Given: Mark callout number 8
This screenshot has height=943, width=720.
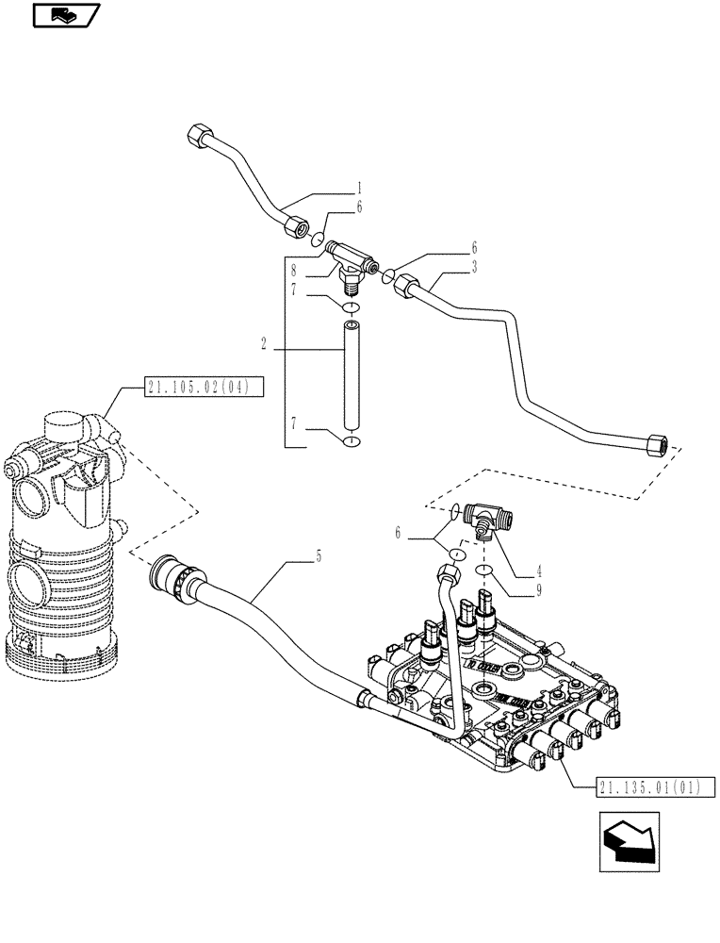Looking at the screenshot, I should tap(295, 269).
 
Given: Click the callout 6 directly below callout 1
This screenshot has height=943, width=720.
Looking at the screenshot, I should tap(332, 207).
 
